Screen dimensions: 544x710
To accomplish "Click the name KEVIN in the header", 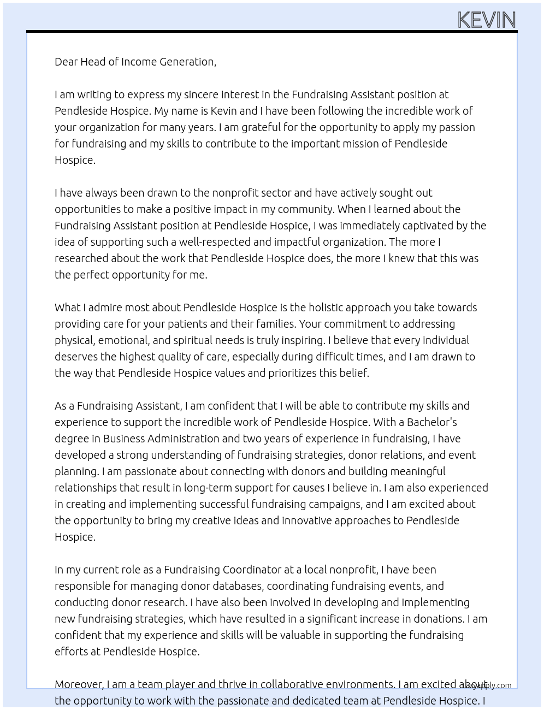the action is point(486,20).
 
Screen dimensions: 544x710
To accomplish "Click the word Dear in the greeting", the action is point(66,62).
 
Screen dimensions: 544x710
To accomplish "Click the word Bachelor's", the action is point(431,422).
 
